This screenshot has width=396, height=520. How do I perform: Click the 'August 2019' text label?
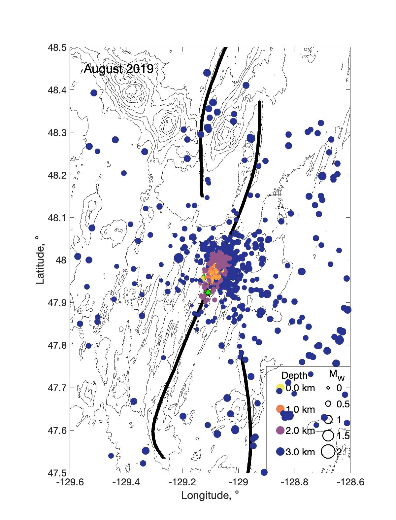pyautogui.click(x=118, y=69)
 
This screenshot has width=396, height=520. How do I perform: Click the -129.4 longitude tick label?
pyautogui.click(x=126, y=483)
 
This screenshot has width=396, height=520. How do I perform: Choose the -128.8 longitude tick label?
pyautogui.click(x=294, y=483)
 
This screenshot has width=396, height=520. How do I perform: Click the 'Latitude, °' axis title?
pyautogui.click(x=40, y=260)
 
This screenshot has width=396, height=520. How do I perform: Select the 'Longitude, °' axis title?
pyautogui.click(x=210, y=495)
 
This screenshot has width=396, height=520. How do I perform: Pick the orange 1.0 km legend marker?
pyautogui.click(x=280, y=409)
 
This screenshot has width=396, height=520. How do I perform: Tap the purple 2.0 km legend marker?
pyautogui.click(x=280, y=431)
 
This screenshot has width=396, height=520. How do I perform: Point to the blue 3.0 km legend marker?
pyautogui.click(x=280, y=452)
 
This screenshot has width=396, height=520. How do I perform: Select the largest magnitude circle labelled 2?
pyautogui.click(x=328, y=452)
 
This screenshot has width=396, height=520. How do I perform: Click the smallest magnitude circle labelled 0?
pyautogui.click(x=328, y=388)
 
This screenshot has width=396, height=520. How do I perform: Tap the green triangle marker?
pyautogui.click(x=208, y=292)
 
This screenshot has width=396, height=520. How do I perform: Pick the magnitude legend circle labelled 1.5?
pyautogui.click(x=328, y=436)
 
